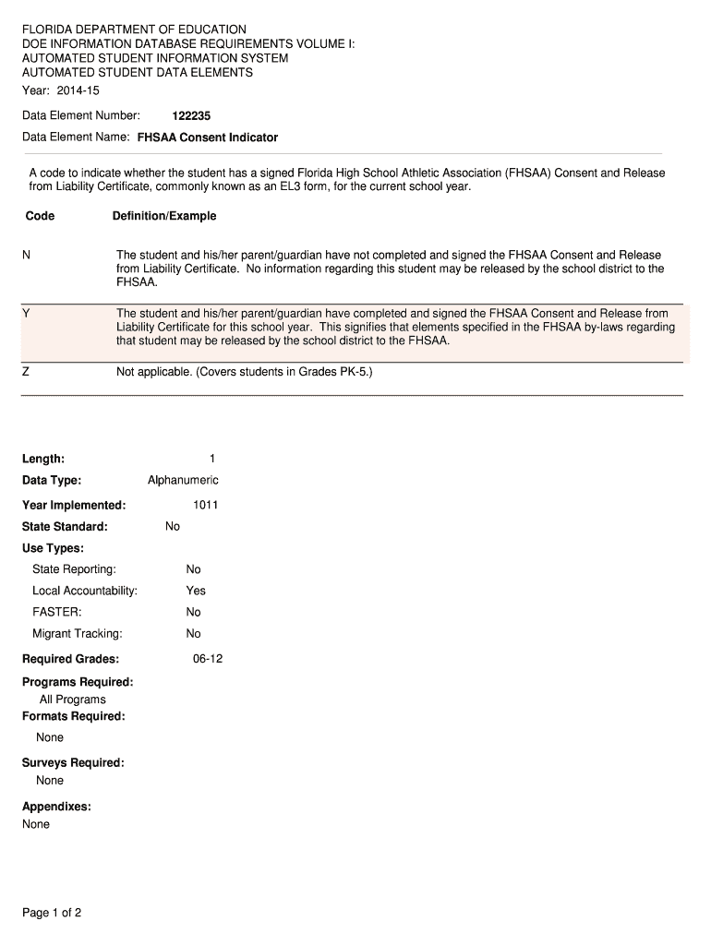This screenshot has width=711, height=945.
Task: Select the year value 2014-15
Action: pos(78,90)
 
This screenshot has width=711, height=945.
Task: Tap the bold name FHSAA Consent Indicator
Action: pos(207,138)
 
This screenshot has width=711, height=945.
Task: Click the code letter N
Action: pos(27,255)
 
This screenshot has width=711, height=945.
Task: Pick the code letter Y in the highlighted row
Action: pos(27,314)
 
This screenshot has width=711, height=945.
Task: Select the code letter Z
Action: pos(26,372)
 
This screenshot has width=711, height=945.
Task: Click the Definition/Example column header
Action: pos(164,216)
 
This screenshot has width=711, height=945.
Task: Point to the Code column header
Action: pos(41,216)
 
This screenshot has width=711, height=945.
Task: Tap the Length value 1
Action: pos(212,459)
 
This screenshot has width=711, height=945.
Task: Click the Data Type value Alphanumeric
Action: pos(183,480)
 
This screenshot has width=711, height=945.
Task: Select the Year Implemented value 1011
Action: pos(205,505)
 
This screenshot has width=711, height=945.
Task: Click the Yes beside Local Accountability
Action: pos(196,591)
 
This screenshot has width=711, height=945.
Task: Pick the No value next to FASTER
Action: pos(193,612)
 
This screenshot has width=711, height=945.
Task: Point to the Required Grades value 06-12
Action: pos(208,659)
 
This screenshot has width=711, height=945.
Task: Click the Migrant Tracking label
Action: pos(78,634)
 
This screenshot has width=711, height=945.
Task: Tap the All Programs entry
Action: pos(73,700)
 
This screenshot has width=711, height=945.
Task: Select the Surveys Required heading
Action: pos(73,762)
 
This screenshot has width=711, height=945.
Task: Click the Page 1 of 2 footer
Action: pos(53,914)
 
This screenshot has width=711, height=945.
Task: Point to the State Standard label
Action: pos(65,526)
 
